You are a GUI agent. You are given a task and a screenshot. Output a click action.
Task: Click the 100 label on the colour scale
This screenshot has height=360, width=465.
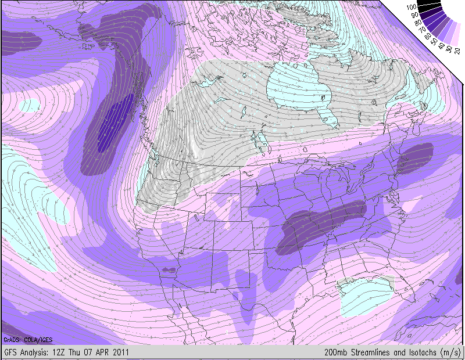click(412, 6)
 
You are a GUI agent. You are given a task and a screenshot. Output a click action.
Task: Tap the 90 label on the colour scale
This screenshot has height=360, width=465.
click(413, 14)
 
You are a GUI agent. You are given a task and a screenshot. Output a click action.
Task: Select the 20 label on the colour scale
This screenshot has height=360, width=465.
click(457, 51)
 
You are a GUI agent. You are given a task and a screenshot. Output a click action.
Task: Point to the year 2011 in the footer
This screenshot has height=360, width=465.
click(119, 352)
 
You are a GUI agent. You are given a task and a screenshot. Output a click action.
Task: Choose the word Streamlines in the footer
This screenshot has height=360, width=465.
click(374, 352)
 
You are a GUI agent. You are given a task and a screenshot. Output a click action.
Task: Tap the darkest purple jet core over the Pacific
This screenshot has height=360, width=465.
click(113, 125)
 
